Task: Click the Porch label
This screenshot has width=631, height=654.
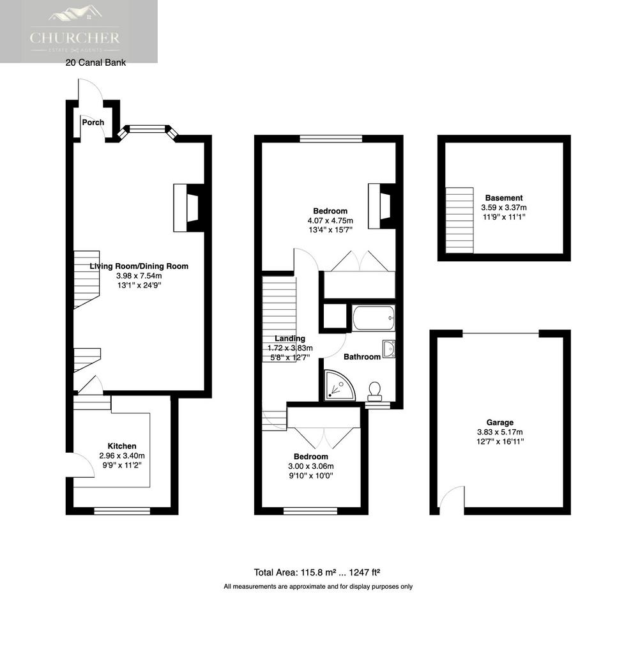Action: pyautogui.click(x=93, y=122)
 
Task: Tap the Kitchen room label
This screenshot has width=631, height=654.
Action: pyautogui.click(x=122, y=446)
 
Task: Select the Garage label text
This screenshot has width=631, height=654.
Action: pyautogui.click(x=499, y=423)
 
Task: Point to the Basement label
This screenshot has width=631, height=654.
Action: pyautogui.click(x=504, y=198)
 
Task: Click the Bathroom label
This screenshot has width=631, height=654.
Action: pyautogui.click(x=362, y=356)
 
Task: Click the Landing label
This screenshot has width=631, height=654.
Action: pyautogui.click(x=290, y=338)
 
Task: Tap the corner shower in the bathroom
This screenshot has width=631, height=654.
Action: pyautogui.click(x=340, y=385)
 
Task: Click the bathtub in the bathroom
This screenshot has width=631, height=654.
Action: pyautogui.click(x=373, y=319)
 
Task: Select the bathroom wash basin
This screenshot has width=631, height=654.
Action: pyautogui.click(x=389, y=349)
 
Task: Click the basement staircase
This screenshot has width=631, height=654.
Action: pyautogui.click(x=459, y=220)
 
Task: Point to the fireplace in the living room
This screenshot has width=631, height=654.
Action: pyautogui.click(x=188, y=208)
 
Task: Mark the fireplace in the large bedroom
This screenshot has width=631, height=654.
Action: pyautogui.click(x=381, y=206)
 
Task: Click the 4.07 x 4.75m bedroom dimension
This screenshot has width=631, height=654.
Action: pyautogui.click(x=330, y=220)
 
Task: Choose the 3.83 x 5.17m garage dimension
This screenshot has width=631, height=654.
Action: pyautogui.click(x=499, y=432)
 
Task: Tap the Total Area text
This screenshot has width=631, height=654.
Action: pyautogui.click(x=317, y=573)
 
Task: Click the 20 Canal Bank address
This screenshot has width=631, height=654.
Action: pyautogui.click(x=96, y=63)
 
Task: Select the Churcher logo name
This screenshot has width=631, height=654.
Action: pyautogui.click(x=75, y=38)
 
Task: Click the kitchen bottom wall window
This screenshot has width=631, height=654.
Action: pyautogui.click(x=122, y=511)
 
